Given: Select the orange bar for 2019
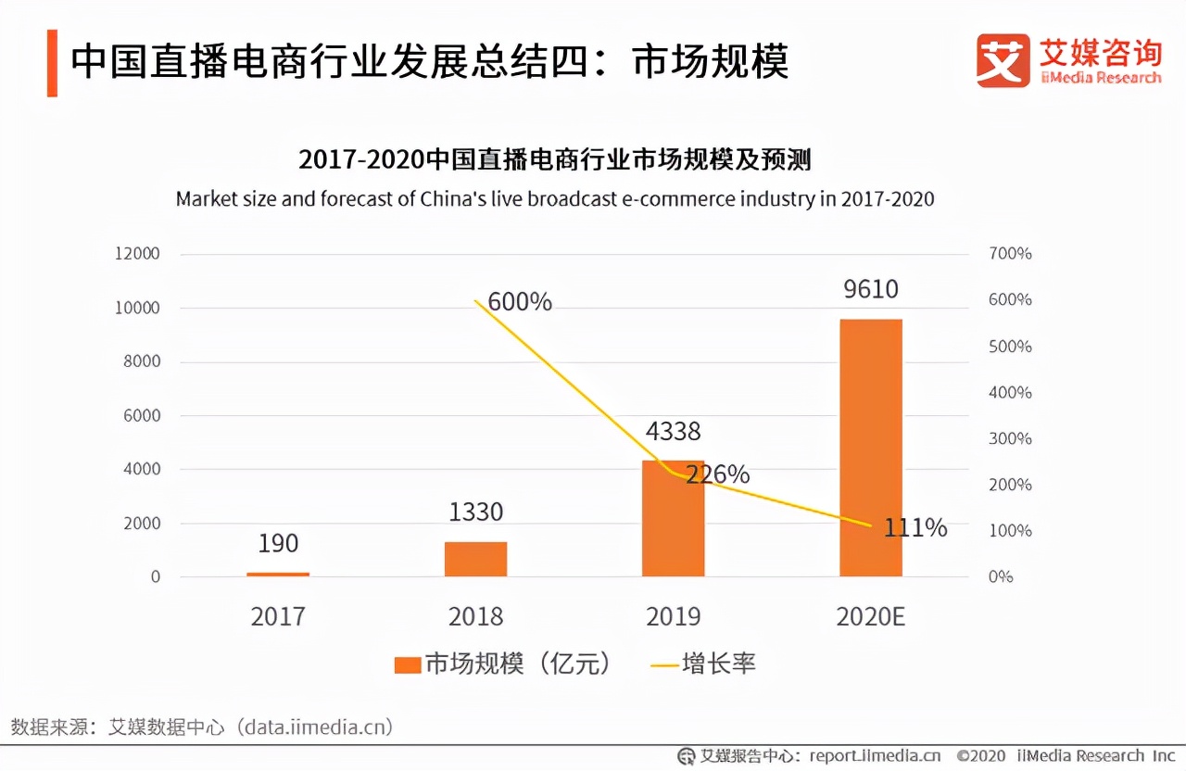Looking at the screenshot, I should (x=673, y=519).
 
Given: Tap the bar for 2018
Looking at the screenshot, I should (x=475, y=559).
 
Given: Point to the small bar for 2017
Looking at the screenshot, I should (x=278, y=575).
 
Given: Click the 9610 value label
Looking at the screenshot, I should (x=870, y=289).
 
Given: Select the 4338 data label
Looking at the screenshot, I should (x=673, y=431).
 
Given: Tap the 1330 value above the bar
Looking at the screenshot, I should (x=475, y=512).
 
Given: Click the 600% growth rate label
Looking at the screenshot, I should (x=520, y=302).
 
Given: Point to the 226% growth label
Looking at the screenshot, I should (x=717, y=474).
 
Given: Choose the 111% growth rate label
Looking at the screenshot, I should (x=915, y=528).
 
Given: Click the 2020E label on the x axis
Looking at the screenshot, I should (x=870, y=616).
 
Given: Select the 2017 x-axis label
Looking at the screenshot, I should (x=278, y=616).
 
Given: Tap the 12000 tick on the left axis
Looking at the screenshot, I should (x=137, y=254).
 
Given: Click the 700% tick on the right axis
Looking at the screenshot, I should (x=1010, y=254).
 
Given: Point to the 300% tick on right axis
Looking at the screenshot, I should (x=1010, y=438).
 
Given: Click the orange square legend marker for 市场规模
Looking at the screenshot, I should (x=407, y=664).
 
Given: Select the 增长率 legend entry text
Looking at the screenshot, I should (x=719, y=664).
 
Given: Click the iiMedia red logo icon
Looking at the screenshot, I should (x=1003, y=61).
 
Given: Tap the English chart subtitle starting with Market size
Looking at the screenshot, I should (x=555, y=199).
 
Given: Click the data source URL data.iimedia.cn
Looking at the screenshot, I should (x=315, y=726).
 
